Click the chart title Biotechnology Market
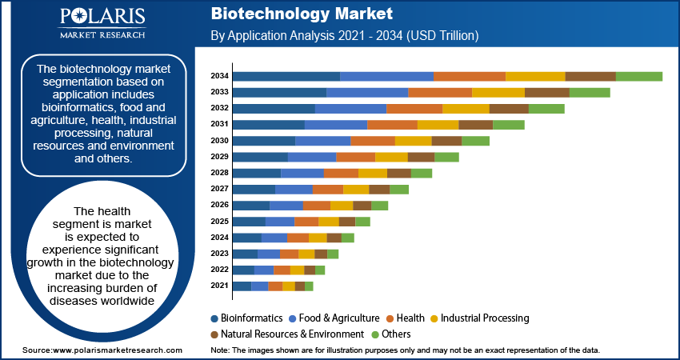[x=302, y=14]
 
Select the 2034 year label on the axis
[x=220, y=76]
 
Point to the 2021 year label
[x=220, y=286]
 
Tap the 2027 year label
[x=220, y=189]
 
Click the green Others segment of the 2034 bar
[x=638, y=76]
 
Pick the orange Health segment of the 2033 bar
[x=440, y=92]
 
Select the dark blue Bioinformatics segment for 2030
[x=263, y=141]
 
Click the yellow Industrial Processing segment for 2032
[x=466, y=108]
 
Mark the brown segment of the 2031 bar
[x=475, y=125]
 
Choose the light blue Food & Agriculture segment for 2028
[x=302, y=173]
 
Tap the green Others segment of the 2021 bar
[x=309, y=286]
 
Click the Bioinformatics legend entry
[x=250, y=318]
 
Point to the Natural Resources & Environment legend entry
[x=286, y=334]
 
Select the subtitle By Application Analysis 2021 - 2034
[x=344, y=36]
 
